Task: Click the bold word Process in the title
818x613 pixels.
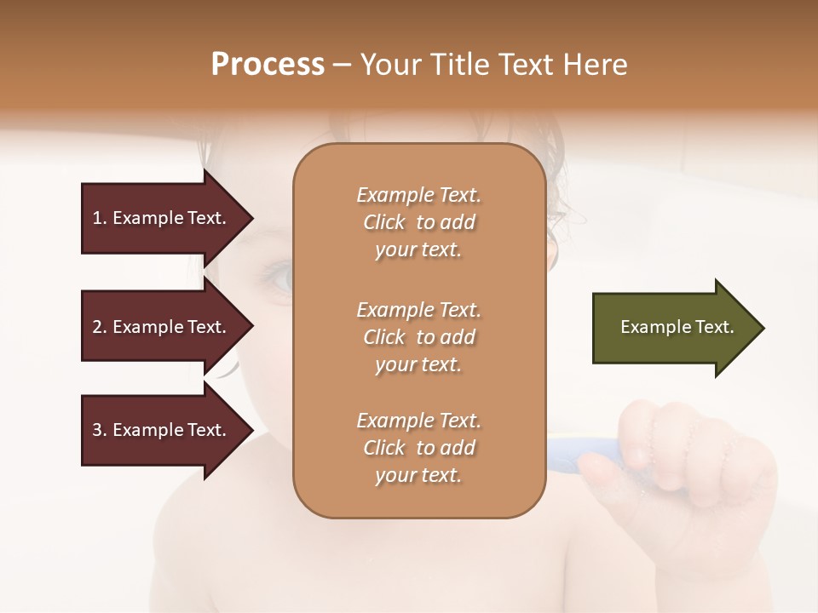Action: click(268, 65)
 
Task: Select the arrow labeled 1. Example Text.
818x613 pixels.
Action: click(162, 218)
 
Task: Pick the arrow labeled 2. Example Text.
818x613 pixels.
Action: click(162, 327)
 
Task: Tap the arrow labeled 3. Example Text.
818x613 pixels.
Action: click(162, 430)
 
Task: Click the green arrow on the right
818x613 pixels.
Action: click(673, 327)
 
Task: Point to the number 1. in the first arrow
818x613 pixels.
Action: click(100, 218)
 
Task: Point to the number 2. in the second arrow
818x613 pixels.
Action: click(100, 327)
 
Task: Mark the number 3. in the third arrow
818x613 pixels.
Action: click(100, 430)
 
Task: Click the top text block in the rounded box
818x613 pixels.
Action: click(418, 222)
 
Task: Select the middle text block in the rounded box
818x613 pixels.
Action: click(418, 337)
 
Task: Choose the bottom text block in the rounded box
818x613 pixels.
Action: click(418, 448)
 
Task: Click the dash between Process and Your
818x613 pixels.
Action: click(343, 65)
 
